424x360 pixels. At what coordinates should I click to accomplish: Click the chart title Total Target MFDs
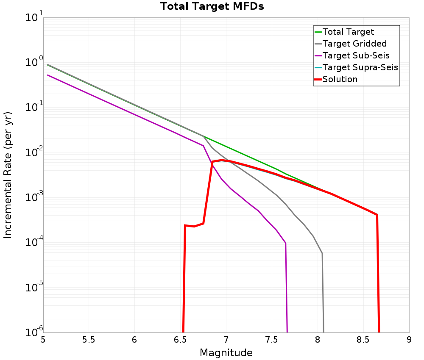(212, 6)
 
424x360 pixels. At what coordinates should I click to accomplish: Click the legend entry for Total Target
(348, 32)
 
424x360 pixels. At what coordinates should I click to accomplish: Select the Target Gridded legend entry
(354, 44)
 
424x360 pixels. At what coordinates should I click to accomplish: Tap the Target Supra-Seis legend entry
(360, 67)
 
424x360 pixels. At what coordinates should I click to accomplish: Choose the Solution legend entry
(340, 79)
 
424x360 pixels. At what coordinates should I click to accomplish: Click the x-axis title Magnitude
(226, 353)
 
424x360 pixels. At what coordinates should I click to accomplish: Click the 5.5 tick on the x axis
(89, 340)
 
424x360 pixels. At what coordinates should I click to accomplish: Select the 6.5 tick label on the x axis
(180, 340)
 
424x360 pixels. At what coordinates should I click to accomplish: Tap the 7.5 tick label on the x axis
(272, 340)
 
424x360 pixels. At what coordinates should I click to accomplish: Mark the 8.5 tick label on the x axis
(363, 340)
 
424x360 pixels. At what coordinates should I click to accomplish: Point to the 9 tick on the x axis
(409, 340)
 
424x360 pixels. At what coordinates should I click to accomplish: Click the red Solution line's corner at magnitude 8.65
(377, 215)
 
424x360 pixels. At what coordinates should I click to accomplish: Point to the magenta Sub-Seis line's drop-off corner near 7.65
(286, 243)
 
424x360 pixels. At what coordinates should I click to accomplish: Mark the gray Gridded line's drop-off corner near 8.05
(322, 254)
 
